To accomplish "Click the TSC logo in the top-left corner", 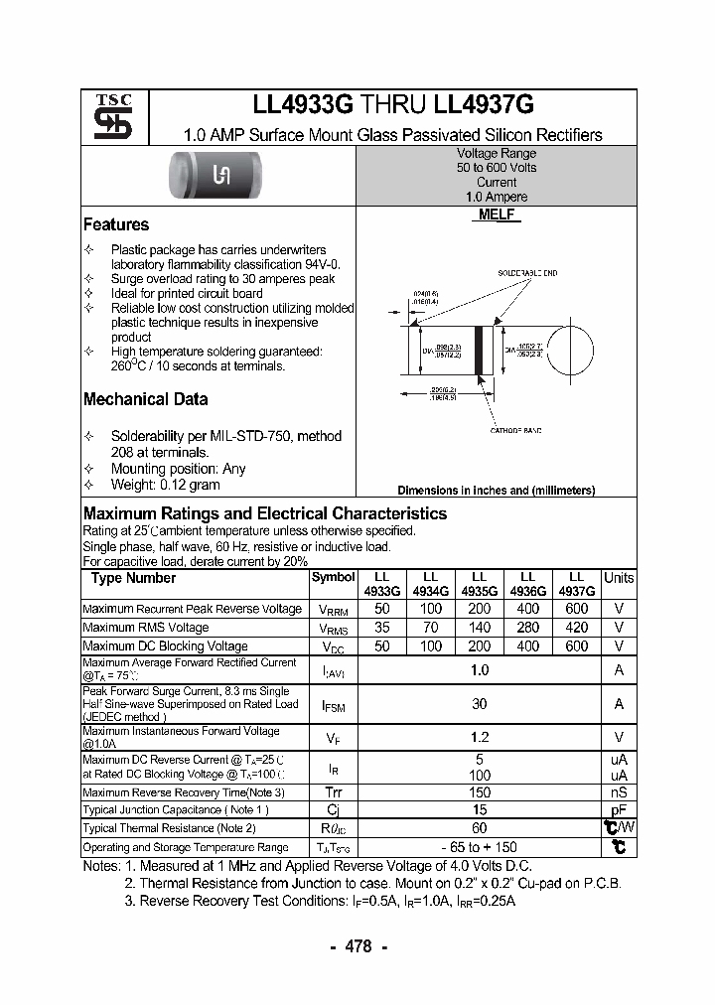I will tap(105, 117).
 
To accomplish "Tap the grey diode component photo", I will tap(222, 176).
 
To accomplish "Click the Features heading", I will tap(116, 225).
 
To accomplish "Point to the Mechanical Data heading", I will tap(145, 399).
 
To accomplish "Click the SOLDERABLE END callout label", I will tap(527, 273).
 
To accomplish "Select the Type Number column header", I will tap(133, 578).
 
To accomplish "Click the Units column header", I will tap(619, 578).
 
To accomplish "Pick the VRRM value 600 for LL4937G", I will tap(577, 609).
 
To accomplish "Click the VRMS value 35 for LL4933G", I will tap(380, 628).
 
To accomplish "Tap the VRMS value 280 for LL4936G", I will tap(528, 628).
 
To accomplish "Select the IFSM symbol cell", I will tap(333, 704).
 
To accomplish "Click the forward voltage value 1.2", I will tap(480, 738).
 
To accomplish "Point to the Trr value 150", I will tap(480, 792).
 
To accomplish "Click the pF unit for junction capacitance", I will tap(619, 809).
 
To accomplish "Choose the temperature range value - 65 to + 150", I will tap(480, 847).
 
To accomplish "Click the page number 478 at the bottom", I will tap(357, 946).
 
